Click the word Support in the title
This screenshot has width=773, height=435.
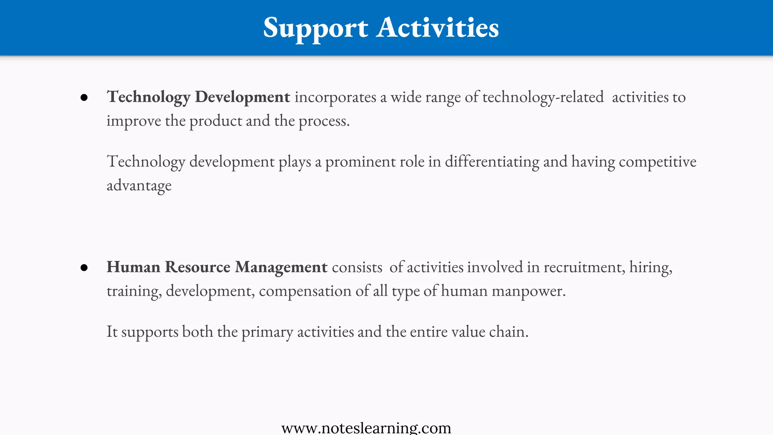tap(315, 28)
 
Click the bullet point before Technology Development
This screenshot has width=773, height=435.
tap(84, 98)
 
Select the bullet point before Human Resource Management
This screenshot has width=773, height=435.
tap(84, 268)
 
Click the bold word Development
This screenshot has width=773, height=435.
tap(242, 97)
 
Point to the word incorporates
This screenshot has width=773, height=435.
tap(335, 97)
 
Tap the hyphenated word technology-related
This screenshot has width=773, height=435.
tap(543, 97)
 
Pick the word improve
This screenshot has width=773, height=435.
tap(134, 121)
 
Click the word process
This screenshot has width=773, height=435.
tap(324, 121)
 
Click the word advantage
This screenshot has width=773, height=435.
tap(139, 186)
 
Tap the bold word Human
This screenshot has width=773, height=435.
tap(133, 267)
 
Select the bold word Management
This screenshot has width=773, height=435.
tap(281, 267)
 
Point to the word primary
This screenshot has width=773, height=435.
tap(267, 332)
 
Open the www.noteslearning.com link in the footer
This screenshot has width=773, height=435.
tap(366, 428)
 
